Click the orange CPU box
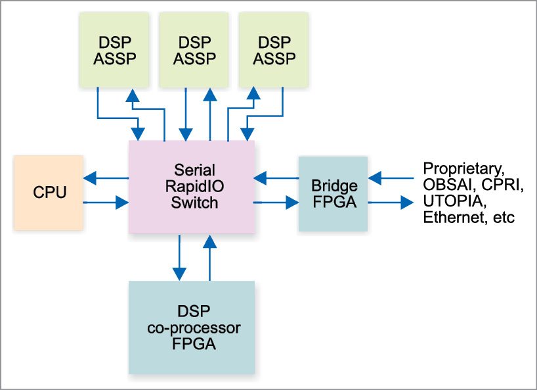48,193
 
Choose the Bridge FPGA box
333,194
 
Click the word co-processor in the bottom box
190,327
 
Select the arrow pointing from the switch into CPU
105,178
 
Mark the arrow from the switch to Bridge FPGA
276,203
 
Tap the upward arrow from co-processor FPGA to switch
209,256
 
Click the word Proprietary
463,168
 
